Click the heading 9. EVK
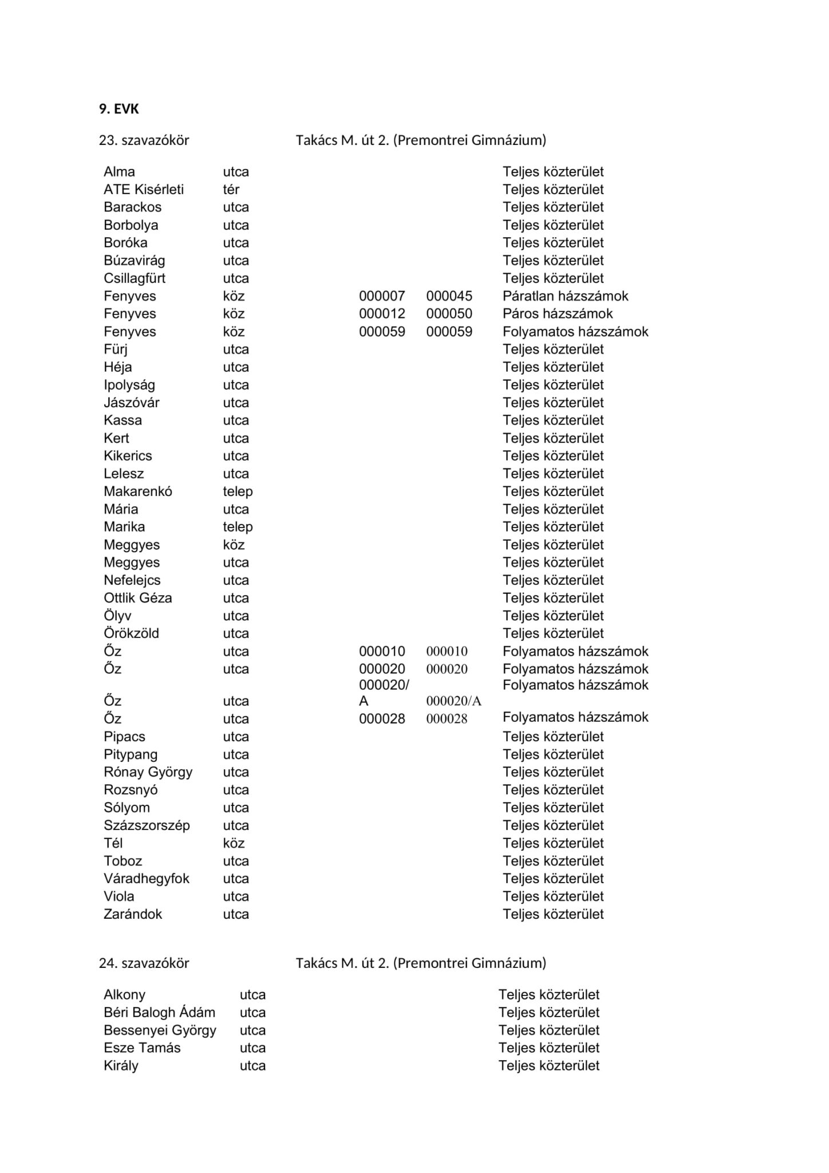pyautogui.click(x=119, y=109)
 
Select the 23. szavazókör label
pyautogui.click(x=144, y=140)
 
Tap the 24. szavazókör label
pyautogui.click(x=144, y=963)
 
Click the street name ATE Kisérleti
pyautogui.click(x=144, y=190)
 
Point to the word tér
pyautogui.click(x=231, y=190)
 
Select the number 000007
pyautogui.click(x=382, y=296)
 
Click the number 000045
pyautogui.click(x=449, y=296)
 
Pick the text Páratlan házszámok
pyautogui.click(x=565, y=296)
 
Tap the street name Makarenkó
pyautogui.click(x=138, y=491)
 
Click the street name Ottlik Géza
pyautogui.click(x=138, y=598)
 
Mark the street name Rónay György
pyautogui.click(x=148, y=772)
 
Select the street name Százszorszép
pyautogui.click(x=147, y=825)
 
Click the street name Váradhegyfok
pyautogui.click(x=147, y=879)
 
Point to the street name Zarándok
pyautogui.click(x=133, y=914)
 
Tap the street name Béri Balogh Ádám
pyautogui.click(x=159, y=1013)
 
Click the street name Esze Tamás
pyautogui.click(x=142, y=1048)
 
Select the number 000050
pyautogui.click(x=449, y=314)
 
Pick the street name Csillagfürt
pyautogui.click(x=135, y=278)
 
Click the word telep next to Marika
pyautogui.click(x=238, y=527)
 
